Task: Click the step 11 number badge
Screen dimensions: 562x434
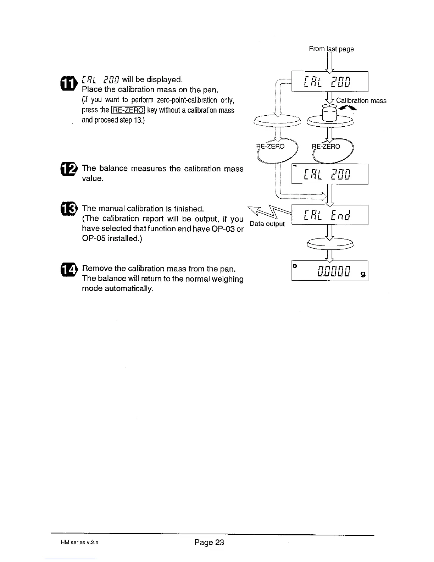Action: click(x=69, y=83)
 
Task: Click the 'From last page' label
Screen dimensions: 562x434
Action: click(x=331, y=49)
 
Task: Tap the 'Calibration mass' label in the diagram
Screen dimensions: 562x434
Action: click(x=361, y=100)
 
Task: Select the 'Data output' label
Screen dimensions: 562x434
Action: click(x=267, y=224)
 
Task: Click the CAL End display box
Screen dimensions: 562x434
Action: click(x=330, y=215)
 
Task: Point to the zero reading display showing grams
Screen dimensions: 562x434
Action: click(x=330, y=271)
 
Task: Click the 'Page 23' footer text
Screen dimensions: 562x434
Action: click(x=209, y=542)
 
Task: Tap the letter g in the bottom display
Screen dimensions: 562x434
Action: click(x=363, y=274)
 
